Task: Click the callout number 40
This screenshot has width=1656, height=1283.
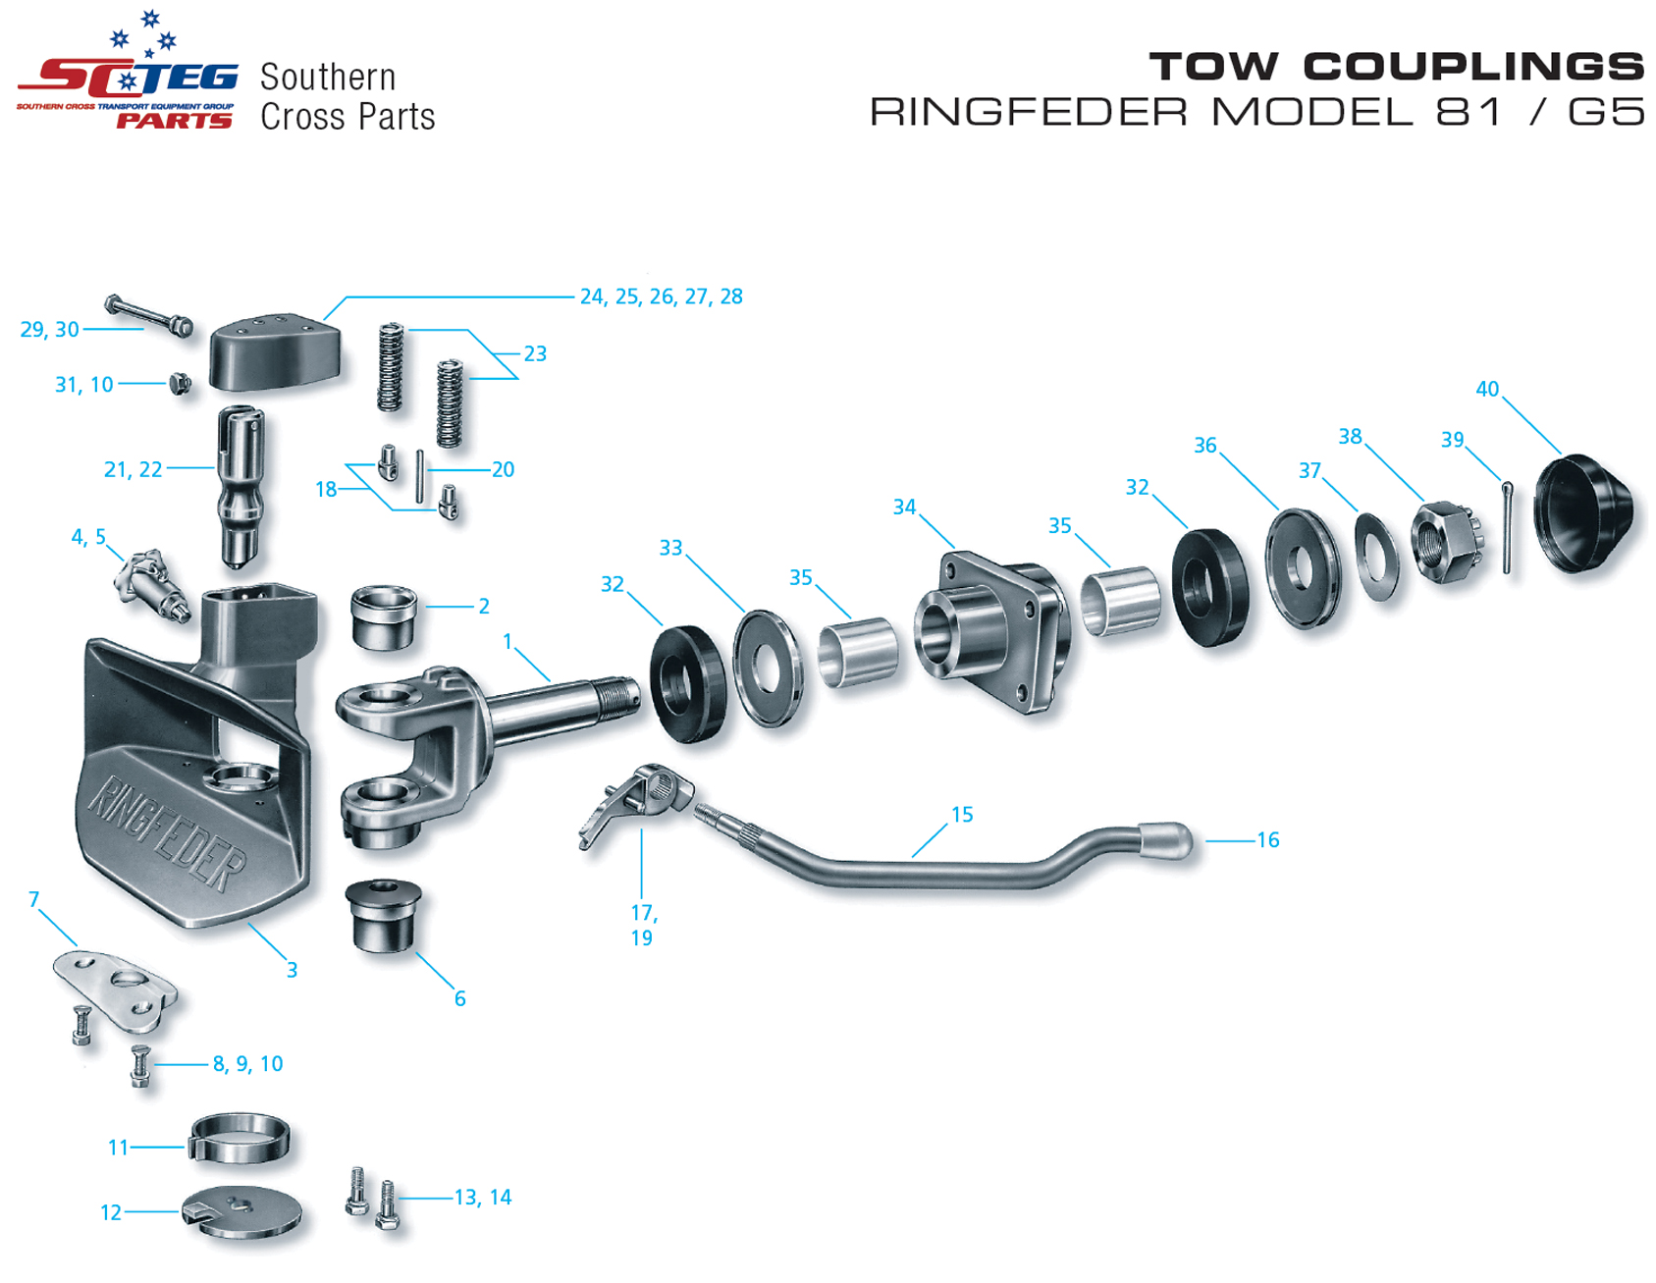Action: pyautogui.click(x=1486, y=389)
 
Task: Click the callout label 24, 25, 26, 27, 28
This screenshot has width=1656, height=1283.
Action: pyautogui.click(x=661, y=296)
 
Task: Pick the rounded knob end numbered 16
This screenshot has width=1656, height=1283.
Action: pyautogui.click(x=1165, y=841)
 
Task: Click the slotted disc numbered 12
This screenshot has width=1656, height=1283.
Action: pyautogui.click(x=241, y=1213)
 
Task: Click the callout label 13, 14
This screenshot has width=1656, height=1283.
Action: pyautogui.click(x=482, y=1198)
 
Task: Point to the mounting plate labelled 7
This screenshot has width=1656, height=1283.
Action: pyautogui.click(x=116, y=988)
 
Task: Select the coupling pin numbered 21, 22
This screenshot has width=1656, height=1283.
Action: pyautogui.click(x=240, y=486)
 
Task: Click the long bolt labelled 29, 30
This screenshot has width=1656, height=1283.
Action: pyautogui.click(x=149, y=315)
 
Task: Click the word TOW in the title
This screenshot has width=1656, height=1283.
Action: pyautogui.click(x=1213, y=67)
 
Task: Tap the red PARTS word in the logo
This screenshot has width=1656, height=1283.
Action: pyautogui.click(x=175, y=121)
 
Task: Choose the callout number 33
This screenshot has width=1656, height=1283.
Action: pyautogui.click(x=670, y=548)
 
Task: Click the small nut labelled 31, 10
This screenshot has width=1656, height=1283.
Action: pyautogui.click(x=180, y=383)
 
